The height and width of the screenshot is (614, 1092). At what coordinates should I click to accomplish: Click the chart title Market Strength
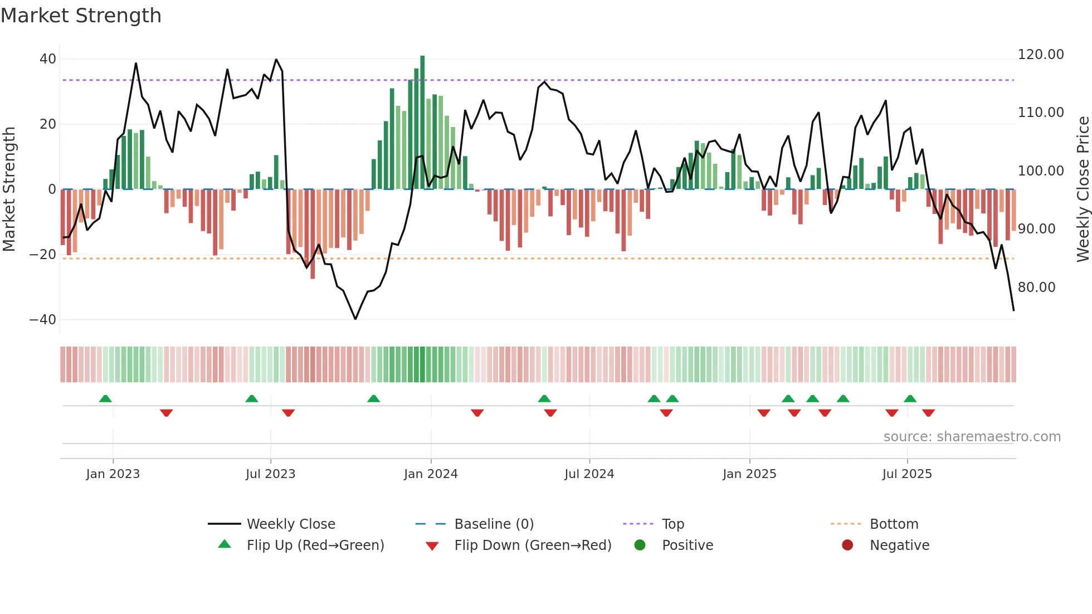(x=81, y=16)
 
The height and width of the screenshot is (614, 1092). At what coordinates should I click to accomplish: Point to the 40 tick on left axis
(x=48, y=59)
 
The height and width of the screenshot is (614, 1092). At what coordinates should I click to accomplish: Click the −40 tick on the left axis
(x=43, y=320)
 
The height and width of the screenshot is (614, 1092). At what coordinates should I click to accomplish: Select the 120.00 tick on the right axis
(x=1040, y=55)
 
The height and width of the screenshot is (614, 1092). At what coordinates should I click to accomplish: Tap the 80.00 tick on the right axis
(x=1036, y=287)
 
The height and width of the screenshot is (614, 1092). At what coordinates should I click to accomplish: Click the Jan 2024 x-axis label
(x=431, y=474)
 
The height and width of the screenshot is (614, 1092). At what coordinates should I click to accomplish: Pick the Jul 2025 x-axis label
(x=906, y=474)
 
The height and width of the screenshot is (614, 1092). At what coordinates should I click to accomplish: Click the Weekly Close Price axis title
(x=1083, y=189)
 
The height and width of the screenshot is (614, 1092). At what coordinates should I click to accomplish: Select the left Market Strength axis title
(x=9, y=189)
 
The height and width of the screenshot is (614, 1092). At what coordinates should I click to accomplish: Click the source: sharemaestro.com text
(x=972, y=437)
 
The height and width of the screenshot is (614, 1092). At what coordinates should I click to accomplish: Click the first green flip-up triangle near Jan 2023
(x=105, y=398)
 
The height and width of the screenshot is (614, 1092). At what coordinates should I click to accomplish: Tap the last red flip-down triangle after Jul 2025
(x=928, y=413)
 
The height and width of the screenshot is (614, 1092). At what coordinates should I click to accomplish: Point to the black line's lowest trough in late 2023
(x=355, y=319)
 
